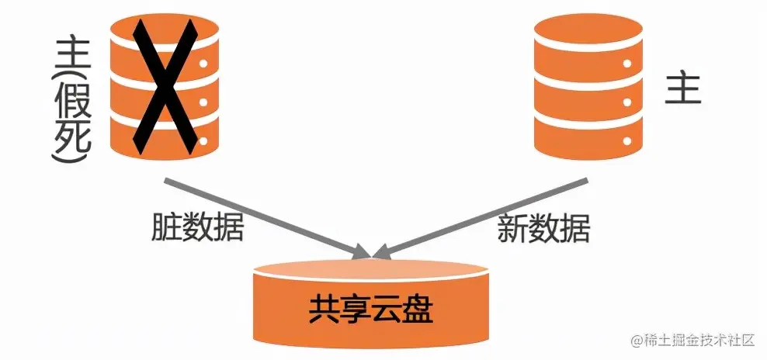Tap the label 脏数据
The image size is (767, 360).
coord(197,227)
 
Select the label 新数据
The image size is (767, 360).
coord(543,228)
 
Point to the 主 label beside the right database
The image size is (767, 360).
coord(683,89)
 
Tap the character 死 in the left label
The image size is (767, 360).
coord(72,132)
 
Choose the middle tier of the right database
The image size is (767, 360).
coord(581,92)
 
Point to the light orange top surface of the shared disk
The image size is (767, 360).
coord(370,272)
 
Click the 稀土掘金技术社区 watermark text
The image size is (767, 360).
coord(702,341)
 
